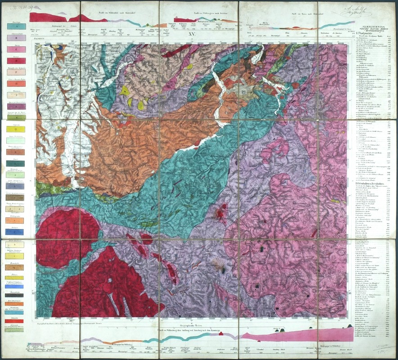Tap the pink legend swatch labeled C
[x=16, y=49]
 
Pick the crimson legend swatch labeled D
[x=16, y=60]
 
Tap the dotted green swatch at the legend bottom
[x=16, y=330]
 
